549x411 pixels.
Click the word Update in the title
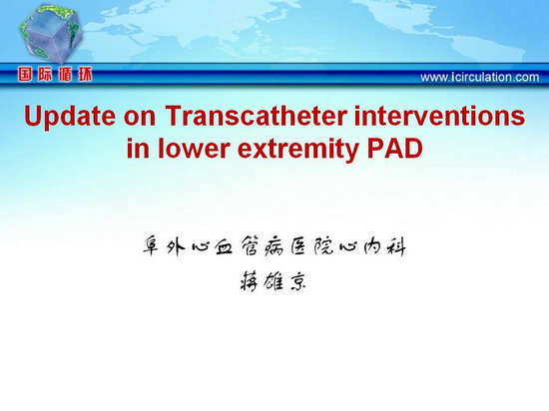[x=69, y=117]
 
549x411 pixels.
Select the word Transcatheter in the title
[x=257, y=116]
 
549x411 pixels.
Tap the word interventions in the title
[x=439, y=116]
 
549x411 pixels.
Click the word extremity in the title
[x=298, y=150]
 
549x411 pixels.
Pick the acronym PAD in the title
[x=394, y=149]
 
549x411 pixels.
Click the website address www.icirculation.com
[x=480, y=77]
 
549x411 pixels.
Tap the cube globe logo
[x=50, y=34]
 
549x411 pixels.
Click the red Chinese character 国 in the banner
[x=26, y=75]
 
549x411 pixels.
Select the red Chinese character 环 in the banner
[x=85, y=75]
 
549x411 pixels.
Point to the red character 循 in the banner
[x=65, y=75]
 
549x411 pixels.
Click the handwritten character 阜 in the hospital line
[x=152, y=245]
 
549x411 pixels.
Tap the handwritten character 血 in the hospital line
[x=224, y=246]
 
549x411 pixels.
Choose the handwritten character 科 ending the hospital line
[x=395, y=246]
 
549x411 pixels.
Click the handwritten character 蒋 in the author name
[x=250, y=281]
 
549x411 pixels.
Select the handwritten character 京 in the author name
[x=297, y=281]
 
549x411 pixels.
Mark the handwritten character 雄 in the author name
[x=274, y=281]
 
